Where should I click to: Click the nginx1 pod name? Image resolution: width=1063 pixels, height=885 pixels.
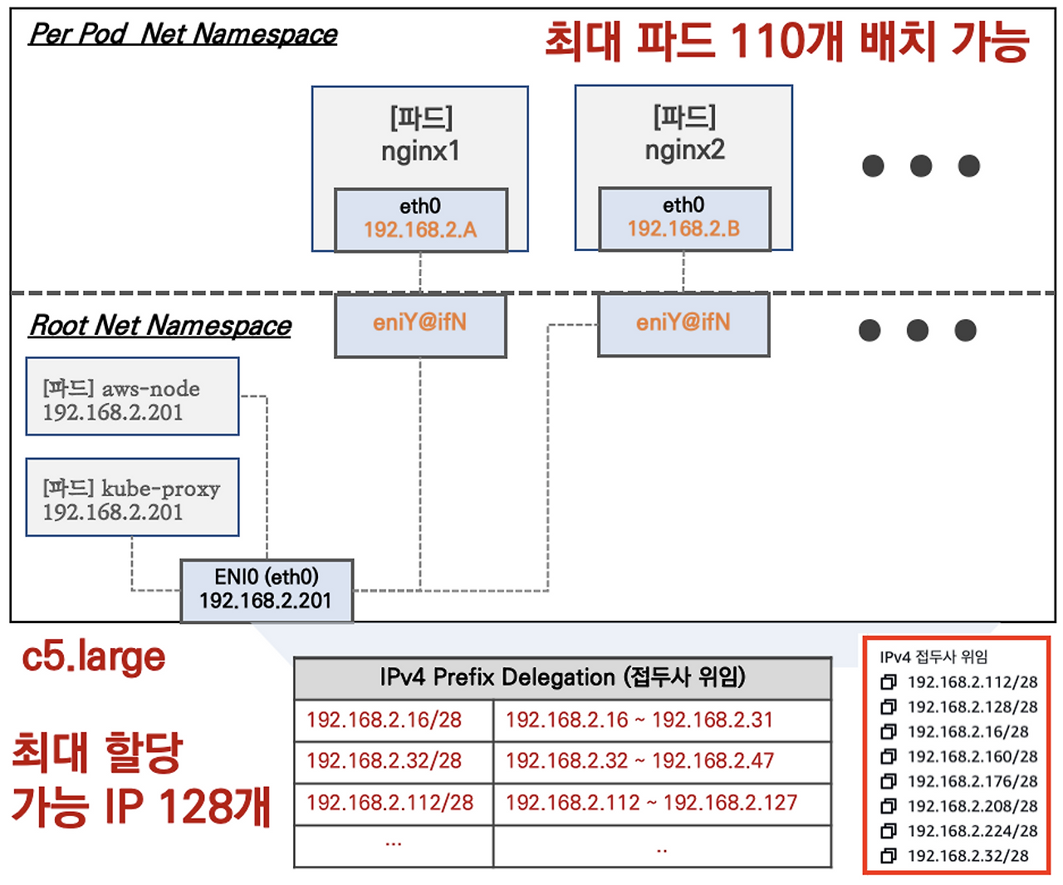[x=420, y=150]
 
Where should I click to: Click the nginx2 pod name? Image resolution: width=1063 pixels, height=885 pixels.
[x=684, y=150]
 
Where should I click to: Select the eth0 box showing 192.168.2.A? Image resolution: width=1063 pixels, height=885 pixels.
[x=420, y=219]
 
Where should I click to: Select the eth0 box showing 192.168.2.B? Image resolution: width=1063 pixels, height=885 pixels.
[x=684, y=219]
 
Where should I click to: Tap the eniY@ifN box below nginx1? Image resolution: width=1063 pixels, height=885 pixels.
[x=420, y=325]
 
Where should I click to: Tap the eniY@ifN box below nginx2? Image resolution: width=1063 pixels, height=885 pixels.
[x=683, y=325]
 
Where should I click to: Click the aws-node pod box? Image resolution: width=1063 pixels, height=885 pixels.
[x=132, y=396]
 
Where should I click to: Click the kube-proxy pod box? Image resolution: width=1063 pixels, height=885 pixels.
[x=132, y=497]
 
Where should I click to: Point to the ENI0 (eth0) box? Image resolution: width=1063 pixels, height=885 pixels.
[x=267, y=591]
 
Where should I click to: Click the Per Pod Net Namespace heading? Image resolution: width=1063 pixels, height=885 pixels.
[x=183, y=34]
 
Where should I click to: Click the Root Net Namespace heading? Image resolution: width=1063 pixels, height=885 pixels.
[x=159, y=325]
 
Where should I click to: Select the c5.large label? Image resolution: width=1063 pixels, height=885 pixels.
[x=94, y=657]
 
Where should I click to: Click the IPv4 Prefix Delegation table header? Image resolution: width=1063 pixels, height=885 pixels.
[x=562, y=678]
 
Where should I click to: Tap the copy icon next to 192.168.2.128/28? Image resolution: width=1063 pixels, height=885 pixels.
[x=888, y=706]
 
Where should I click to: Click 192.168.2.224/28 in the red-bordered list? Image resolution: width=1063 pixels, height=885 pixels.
[x=972, y=831]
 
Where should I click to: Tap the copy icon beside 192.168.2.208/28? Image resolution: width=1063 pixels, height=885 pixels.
[x=888, y=806]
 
